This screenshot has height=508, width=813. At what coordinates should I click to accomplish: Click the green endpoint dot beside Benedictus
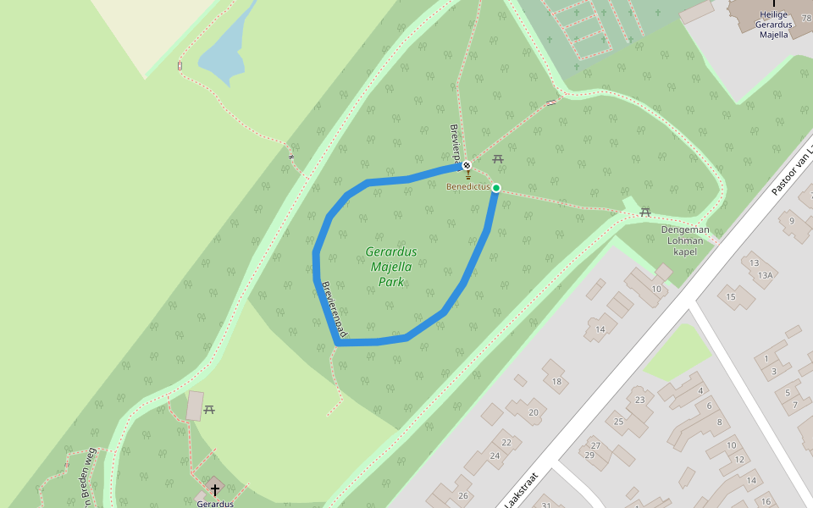496,188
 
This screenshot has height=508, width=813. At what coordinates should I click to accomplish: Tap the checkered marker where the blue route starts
467,165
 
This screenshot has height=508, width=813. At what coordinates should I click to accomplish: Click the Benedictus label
468,186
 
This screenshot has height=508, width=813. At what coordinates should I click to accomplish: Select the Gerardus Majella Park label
391,267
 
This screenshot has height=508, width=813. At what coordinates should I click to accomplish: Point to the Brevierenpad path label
334,310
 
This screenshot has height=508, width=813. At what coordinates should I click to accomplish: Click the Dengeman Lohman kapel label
685,240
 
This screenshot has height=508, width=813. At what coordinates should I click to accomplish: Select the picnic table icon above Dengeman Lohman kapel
645,212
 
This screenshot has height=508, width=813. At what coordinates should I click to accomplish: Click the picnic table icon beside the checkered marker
498,158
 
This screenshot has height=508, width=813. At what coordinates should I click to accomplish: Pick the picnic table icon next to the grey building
209,410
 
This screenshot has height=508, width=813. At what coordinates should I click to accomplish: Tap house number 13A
766,275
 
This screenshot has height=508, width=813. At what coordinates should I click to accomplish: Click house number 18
556,382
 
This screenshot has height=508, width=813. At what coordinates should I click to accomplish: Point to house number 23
639,400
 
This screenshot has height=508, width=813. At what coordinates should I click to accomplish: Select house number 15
731,296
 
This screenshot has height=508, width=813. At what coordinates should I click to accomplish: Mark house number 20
534,412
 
